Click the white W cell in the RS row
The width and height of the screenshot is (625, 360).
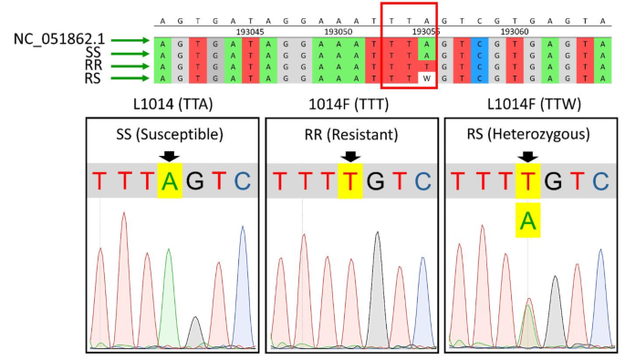click(x=425, y=79)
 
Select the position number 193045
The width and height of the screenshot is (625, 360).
click(x=250, y=30)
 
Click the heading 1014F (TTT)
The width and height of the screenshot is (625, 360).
click(x=350, y=104)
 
